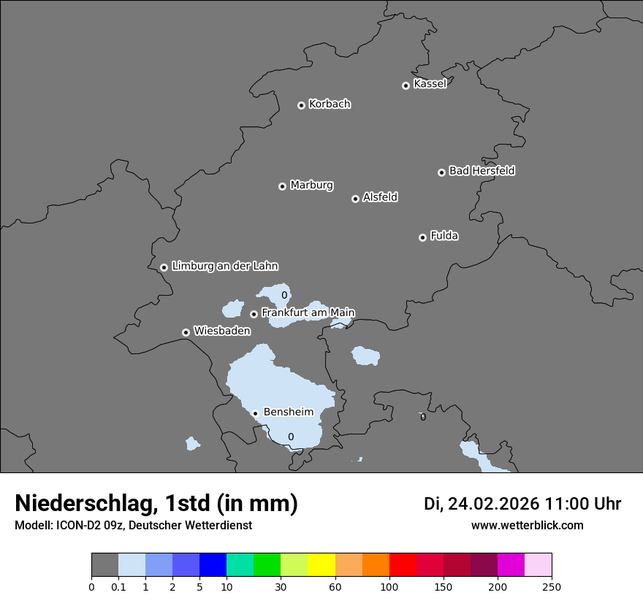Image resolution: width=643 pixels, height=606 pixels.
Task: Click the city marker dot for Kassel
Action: pyautogui.click(x=406, y=85)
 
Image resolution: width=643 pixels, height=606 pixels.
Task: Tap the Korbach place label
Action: pyautogui.click(x=330, y=104)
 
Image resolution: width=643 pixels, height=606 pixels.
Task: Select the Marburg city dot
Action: pyautogui.click(x=282, y=186)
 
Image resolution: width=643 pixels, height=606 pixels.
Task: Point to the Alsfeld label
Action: pyautogui.click(x=380, y=197)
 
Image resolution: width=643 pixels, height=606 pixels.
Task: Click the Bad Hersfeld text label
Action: pyautogui.click(x=482, y=171)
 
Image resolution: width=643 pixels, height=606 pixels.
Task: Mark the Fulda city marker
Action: pyautogui.click(x=422, y=237)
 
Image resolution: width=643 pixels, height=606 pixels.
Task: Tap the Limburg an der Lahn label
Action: pyautogui.click(x=224, y=266)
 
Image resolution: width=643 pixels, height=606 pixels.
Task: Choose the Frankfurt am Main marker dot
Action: pyautogui.click(x=254, y=314)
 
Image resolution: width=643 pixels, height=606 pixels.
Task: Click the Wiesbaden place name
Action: pyautogui.click(x=222, y=331)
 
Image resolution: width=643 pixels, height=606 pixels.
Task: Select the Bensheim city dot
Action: pyautogui.click(x=255, y=413)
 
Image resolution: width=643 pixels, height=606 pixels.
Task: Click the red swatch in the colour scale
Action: pyautogui.click(x=403, y=565)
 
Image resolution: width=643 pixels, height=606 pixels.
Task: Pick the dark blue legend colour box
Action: pyautogui.click(x=213, y=565)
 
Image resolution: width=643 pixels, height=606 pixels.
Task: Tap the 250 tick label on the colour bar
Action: pyautogui.click(x=552, y=586)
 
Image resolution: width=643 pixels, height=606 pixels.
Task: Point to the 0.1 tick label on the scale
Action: pyautogui.click(x=118, y=586)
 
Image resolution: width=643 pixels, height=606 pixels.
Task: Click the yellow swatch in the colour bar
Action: pyautogui.click(x=321, y=565)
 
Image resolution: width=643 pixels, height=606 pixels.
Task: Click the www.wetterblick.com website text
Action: pyautogui.click(x=527, y=526)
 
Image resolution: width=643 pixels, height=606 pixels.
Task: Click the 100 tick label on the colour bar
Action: pyautogui.click(x=389, y=586)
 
